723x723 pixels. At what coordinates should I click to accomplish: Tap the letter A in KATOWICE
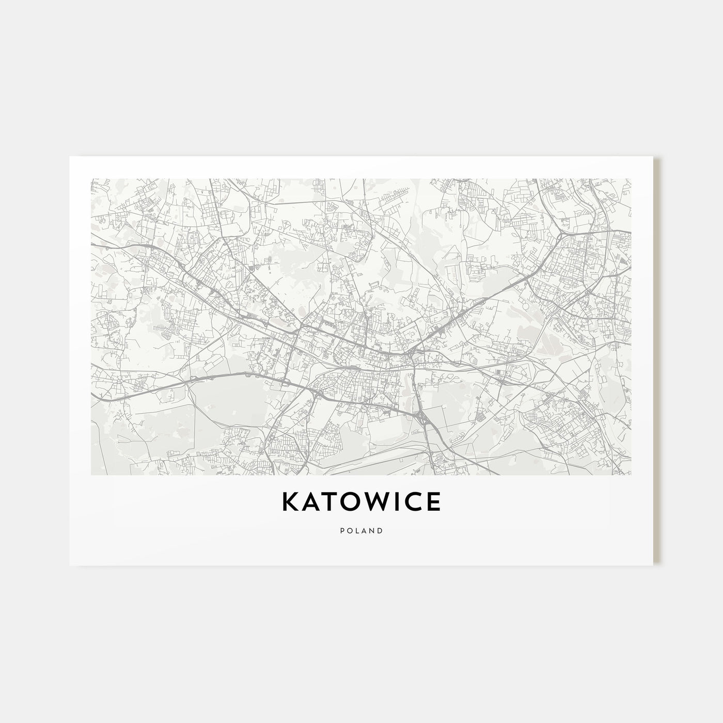(x=310, y=502)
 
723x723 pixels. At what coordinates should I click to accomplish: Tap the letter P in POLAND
(x=342, y=530)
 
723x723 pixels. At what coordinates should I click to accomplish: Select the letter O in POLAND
(x=349, y=530)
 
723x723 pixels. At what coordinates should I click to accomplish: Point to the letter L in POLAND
(x=357, y=530)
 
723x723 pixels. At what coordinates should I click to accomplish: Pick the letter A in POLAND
(x=364, y=530)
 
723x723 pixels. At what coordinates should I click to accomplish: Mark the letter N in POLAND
(x=372, y=530)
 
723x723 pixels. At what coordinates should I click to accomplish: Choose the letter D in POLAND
(x=380, y=530)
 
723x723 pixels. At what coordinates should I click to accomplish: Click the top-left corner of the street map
(x=91, y=179)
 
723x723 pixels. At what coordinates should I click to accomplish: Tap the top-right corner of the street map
(x=631, y=179)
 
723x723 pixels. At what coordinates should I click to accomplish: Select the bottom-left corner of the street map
(x=91, y=475)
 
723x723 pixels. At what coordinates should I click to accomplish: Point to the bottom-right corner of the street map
(x=631, y=475)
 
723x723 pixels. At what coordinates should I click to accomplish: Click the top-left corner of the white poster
(x=69, y=156)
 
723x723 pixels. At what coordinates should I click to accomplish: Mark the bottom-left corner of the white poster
(x=69, y=565)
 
